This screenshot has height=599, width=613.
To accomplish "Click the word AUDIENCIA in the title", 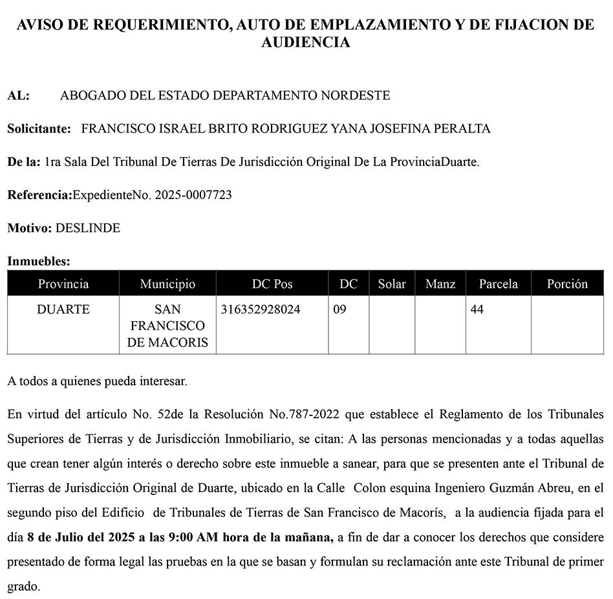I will click(x=306, y=43).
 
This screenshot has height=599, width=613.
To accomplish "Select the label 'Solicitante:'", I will click(x=39, y=129).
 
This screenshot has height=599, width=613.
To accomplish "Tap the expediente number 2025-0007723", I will click(x=193, y=194).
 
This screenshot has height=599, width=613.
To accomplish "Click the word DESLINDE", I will click(x=88, y=228).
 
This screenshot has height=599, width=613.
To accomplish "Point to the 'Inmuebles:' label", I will click(x=38, y=262).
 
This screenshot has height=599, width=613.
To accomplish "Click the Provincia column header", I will click(x=63, y=284).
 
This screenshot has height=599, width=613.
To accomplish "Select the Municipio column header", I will click(x=167, y=284).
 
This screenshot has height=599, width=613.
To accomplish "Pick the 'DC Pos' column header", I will click(x=272, y=284).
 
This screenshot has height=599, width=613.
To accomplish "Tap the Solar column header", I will click(x=392, y=284).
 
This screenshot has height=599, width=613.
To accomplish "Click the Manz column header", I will click(x=440, y=284).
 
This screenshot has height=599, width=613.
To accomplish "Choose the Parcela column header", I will click(x=498, y=284).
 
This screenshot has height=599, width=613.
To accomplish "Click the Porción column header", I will click(x=567, y=284).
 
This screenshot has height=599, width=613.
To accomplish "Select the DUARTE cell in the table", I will click(x=63, y=310).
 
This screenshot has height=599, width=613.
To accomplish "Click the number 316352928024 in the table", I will click(x=261, y=310).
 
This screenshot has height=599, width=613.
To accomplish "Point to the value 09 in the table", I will click(x=339, y=310).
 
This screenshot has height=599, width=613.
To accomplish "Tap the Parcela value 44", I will click(x=477, y=310).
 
